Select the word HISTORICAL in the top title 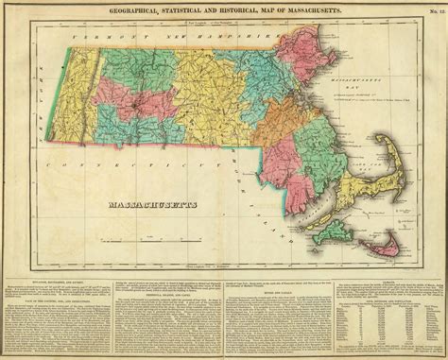(x=239, y=9)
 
